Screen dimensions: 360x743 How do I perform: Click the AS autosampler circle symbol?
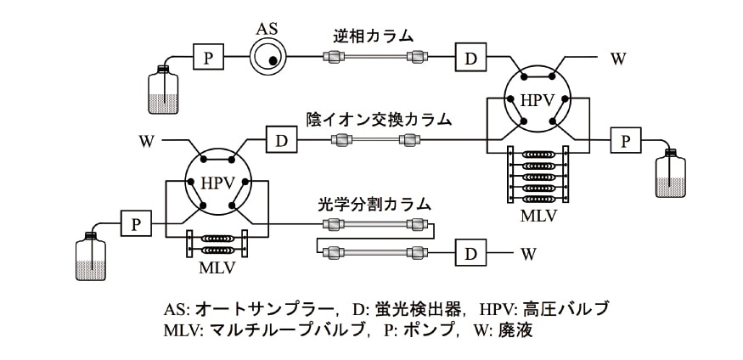[268, 58]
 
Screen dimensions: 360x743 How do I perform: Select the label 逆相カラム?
[374, 36]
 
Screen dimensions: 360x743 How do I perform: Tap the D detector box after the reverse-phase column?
[470, 58]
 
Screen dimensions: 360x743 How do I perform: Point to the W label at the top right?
[618, 59]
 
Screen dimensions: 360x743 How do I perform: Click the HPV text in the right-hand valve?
[537, 101]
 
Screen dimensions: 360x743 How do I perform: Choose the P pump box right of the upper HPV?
[626, 141]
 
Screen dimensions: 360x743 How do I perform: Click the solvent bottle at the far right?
[669, 176]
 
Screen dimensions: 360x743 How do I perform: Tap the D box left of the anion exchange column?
[280, 139]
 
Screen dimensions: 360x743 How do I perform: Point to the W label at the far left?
[147, 140]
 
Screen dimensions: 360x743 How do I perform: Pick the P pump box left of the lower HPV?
[135, 224]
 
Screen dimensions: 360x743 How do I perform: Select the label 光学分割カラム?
[374, 204]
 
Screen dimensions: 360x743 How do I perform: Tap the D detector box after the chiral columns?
[470, 252]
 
